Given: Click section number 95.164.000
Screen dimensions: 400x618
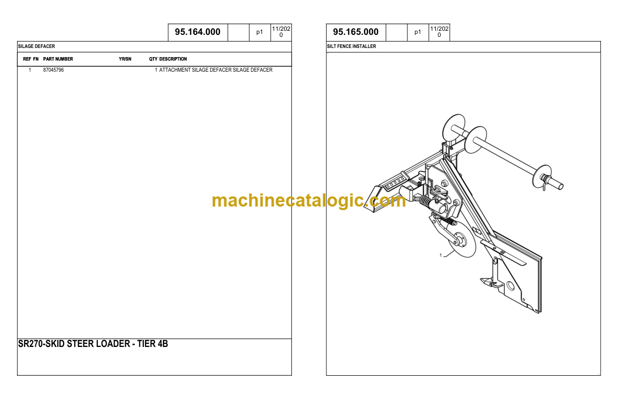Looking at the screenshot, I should click(x=197, y=32).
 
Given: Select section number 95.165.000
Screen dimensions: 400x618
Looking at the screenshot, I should click(x=355, y=32).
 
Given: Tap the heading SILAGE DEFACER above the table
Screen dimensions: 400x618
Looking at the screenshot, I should click(x=36, y=46).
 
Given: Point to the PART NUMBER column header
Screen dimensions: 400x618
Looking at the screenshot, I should click(x=58, y=59).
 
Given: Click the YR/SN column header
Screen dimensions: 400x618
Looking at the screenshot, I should click(x=125, y=59).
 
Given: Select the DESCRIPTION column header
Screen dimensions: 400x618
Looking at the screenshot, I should click(x=173, y=59).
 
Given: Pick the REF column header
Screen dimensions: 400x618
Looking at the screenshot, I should click(x=27, y=59).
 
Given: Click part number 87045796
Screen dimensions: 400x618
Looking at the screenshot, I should click(x=54, y=70).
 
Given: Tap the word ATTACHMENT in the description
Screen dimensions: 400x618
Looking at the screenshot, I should click(x=175, y=70).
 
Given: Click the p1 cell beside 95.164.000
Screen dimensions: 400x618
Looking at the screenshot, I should click(x=260, y=32).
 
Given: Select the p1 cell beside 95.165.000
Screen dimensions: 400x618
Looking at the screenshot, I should click(x=418, y=32).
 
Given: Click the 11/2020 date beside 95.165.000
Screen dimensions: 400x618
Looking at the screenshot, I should click(x=439, y=32).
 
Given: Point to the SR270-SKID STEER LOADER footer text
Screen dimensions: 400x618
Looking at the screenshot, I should click(x=93, y=344).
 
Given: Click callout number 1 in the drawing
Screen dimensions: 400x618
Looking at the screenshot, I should click(x=440, y=255).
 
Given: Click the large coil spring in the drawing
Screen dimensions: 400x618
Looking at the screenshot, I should click(x=427, y=202).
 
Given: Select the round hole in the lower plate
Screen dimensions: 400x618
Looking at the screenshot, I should click(x=511, y=286).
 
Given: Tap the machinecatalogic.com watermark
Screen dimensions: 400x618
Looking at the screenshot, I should click(x=308, y=201).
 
